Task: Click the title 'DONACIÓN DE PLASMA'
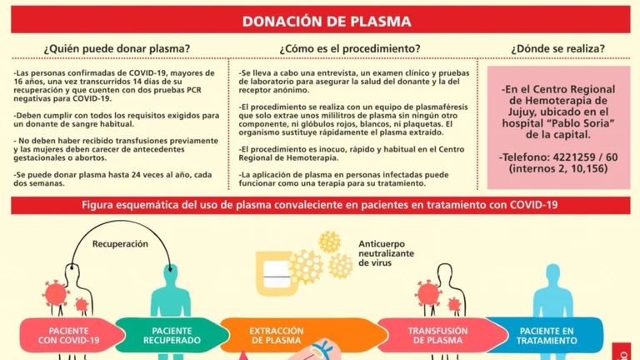[x=327, y=21]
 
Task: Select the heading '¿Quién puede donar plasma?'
[x=117, y=48]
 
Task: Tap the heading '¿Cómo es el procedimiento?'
[x=350, y=48]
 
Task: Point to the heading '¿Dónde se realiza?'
[x=558, y=48]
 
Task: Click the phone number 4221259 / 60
[x=585, y=157]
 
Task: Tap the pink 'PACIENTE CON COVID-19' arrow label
[x=69, y=336]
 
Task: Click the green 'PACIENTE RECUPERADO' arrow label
[x=172, y=336]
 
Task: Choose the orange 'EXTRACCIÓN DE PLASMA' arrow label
[x=277, y=336]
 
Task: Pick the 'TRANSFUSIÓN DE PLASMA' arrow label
[x=438, y=336]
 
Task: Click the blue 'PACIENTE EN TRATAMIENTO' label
[x=547, y=336]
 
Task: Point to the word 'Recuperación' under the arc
[x=120, y=244]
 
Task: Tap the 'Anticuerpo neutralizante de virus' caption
[x=386, y=253]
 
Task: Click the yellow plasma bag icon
[x=274, y=272]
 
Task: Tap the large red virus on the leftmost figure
[x=55, y=293]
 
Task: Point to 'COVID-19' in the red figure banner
[x=533, y=204]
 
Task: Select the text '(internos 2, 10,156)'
[x=558, y=168]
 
